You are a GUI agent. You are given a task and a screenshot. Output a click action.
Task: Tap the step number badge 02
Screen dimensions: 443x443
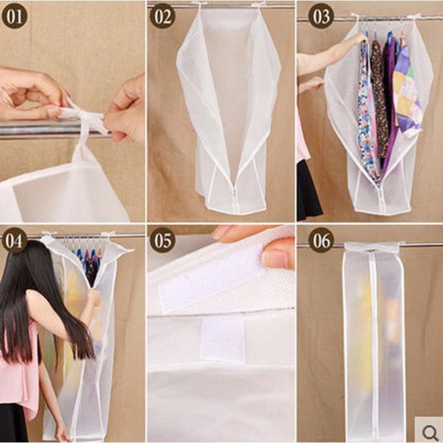[162, 17]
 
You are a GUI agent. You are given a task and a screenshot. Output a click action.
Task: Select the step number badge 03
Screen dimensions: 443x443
[321, 17]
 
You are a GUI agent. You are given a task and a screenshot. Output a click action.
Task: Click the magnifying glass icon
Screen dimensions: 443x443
[429, 430]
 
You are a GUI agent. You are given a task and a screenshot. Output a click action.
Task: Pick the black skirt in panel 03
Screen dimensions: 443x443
[308, 191]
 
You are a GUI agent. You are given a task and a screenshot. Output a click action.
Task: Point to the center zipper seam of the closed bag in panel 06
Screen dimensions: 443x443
[374, 332]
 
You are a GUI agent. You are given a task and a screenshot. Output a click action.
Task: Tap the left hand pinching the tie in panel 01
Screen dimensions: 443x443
[28, 91]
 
